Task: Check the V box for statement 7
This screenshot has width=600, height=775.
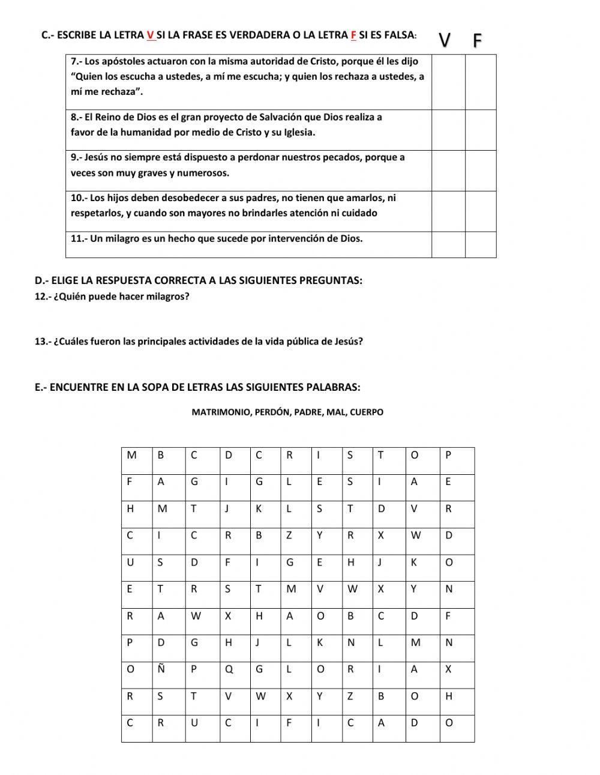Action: coord(448,82)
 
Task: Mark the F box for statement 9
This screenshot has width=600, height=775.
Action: coord(481,170)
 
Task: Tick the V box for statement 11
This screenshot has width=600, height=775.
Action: coord(448,244)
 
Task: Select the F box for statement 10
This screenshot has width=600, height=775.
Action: coord(481,211)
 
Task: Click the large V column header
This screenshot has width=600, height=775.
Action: coord(445,40)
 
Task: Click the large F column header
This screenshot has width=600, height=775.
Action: coord(478,41)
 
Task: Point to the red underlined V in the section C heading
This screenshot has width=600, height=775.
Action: coord(150,35)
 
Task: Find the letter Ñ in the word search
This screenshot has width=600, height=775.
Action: coord(161,669)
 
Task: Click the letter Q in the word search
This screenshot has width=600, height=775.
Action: coord(229,669)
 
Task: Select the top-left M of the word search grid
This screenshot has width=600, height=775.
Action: coord(131,455)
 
